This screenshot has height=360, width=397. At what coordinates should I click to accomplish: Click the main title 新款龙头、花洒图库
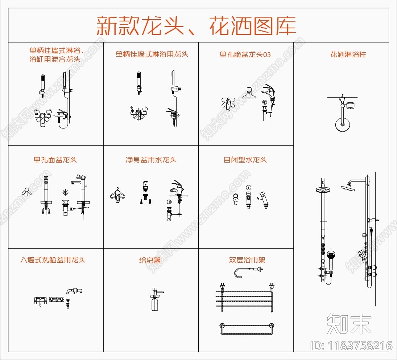[196, 26]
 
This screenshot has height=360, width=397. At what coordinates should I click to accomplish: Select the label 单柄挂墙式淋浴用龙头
[152, 54]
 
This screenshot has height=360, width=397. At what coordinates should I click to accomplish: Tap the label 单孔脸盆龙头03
[245, 55]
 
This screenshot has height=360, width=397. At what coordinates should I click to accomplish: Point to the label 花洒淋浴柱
[348, 55]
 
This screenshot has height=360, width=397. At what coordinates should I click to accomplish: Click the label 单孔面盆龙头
[55, 160]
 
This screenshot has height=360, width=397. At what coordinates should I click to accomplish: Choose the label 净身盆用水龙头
[151, 160]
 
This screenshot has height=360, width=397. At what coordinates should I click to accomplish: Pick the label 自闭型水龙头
[245, 160]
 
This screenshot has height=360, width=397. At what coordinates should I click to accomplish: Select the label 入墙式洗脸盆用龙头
[53, 260]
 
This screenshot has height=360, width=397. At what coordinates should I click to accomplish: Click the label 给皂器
[150, 260]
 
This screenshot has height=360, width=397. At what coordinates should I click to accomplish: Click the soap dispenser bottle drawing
[155, 303]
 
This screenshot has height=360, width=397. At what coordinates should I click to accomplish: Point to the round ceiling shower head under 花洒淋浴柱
[342, 125]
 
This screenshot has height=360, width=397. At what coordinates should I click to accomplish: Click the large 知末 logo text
[349, 324]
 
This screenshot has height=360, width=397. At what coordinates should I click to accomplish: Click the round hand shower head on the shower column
[331, 255]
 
